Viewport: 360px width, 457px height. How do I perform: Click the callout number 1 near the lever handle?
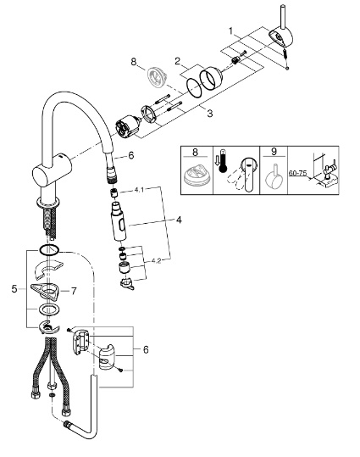click(x=231, y=31)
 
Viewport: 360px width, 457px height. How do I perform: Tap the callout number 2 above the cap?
click(x=177, y=61)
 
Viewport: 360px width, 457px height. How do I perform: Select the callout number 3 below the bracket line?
click(x=210, y=113)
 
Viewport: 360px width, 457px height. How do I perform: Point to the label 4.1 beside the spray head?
click(x=139, y=190)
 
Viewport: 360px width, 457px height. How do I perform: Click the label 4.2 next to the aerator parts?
click(x=156, y=261)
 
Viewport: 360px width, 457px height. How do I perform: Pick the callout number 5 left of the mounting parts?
click(x=14, y=289)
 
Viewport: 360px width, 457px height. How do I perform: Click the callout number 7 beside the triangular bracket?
click(x=74, y=291)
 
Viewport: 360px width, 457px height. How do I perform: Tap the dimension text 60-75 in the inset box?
click(x=297, y=173)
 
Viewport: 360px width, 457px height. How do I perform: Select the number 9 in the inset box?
click(x=274, y=152)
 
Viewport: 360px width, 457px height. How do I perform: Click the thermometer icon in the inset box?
click(x=223, y=161)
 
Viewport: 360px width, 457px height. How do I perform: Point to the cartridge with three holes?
click(x=128, y=129)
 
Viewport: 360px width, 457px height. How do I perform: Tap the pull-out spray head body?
click(x=119, y=221)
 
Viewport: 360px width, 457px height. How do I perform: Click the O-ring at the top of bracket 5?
click(x=48, y=250)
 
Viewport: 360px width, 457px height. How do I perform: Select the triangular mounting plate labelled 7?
click(x=45, y=292)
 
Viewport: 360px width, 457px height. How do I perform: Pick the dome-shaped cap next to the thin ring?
click(x=211, y=77)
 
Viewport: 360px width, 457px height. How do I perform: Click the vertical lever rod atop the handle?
click(x=283, y=16)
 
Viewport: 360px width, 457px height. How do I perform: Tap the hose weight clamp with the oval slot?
click(x=107, y=357)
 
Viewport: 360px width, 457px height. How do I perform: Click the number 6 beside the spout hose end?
click(x=131, y=156)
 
